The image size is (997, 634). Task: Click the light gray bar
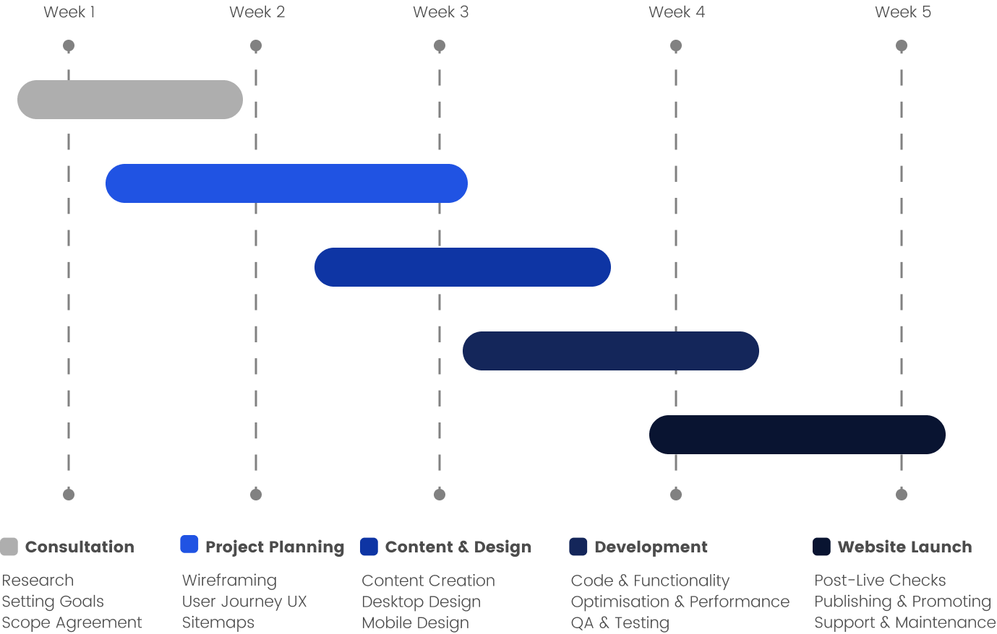point(130,100)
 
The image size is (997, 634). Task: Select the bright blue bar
point(286,183)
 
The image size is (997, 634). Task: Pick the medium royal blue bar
point(463,267)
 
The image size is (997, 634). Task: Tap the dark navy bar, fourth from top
point(611,351)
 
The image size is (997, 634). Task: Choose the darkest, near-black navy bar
point(797,435)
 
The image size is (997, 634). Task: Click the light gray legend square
point(9,547)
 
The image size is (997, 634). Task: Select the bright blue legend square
point(189,544)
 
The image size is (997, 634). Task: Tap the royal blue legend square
point(369,547)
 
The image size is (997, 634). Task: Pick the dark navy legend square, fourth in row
point(578,547)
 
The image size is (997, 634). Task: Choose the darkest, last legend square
point(821,547)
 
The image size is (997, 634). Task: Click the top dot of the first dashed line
point(69,45)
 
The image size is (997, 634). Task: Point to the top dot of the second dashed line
point(256,45)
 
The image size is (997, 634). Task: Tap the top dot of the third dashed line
point(440,45)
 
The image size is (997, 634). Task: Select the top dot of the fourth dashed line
point(676,45)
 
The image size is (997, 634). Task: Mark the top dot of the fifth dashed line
point(902,45)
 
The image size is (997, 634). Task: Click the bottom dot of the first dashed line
point(69,495)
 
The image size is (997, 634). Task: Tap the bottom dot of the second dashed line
point(256,495)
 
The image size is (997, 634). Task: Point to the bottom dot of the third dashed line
point(440,495)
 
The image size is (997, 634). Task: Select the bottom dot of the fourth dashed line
point(676,495)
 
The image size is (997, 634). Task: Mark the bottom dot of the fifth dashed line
point(902,495)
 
